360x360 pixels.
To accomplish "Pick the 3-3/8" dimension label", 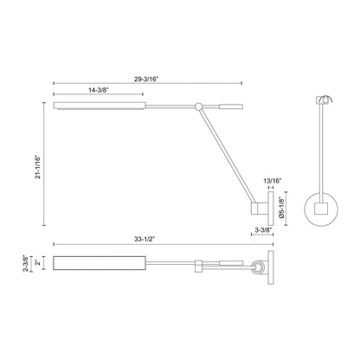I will click(264, 230).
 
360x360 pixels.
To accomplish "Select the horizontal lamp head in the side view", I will click(82, 106).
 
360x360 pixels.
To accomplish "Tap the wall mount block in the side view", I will click(259, 209).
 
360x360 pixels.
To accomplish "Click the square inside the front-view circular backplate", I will click(320, 209).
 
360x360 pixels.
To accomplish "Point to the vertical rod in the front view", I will click(320, 147).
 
